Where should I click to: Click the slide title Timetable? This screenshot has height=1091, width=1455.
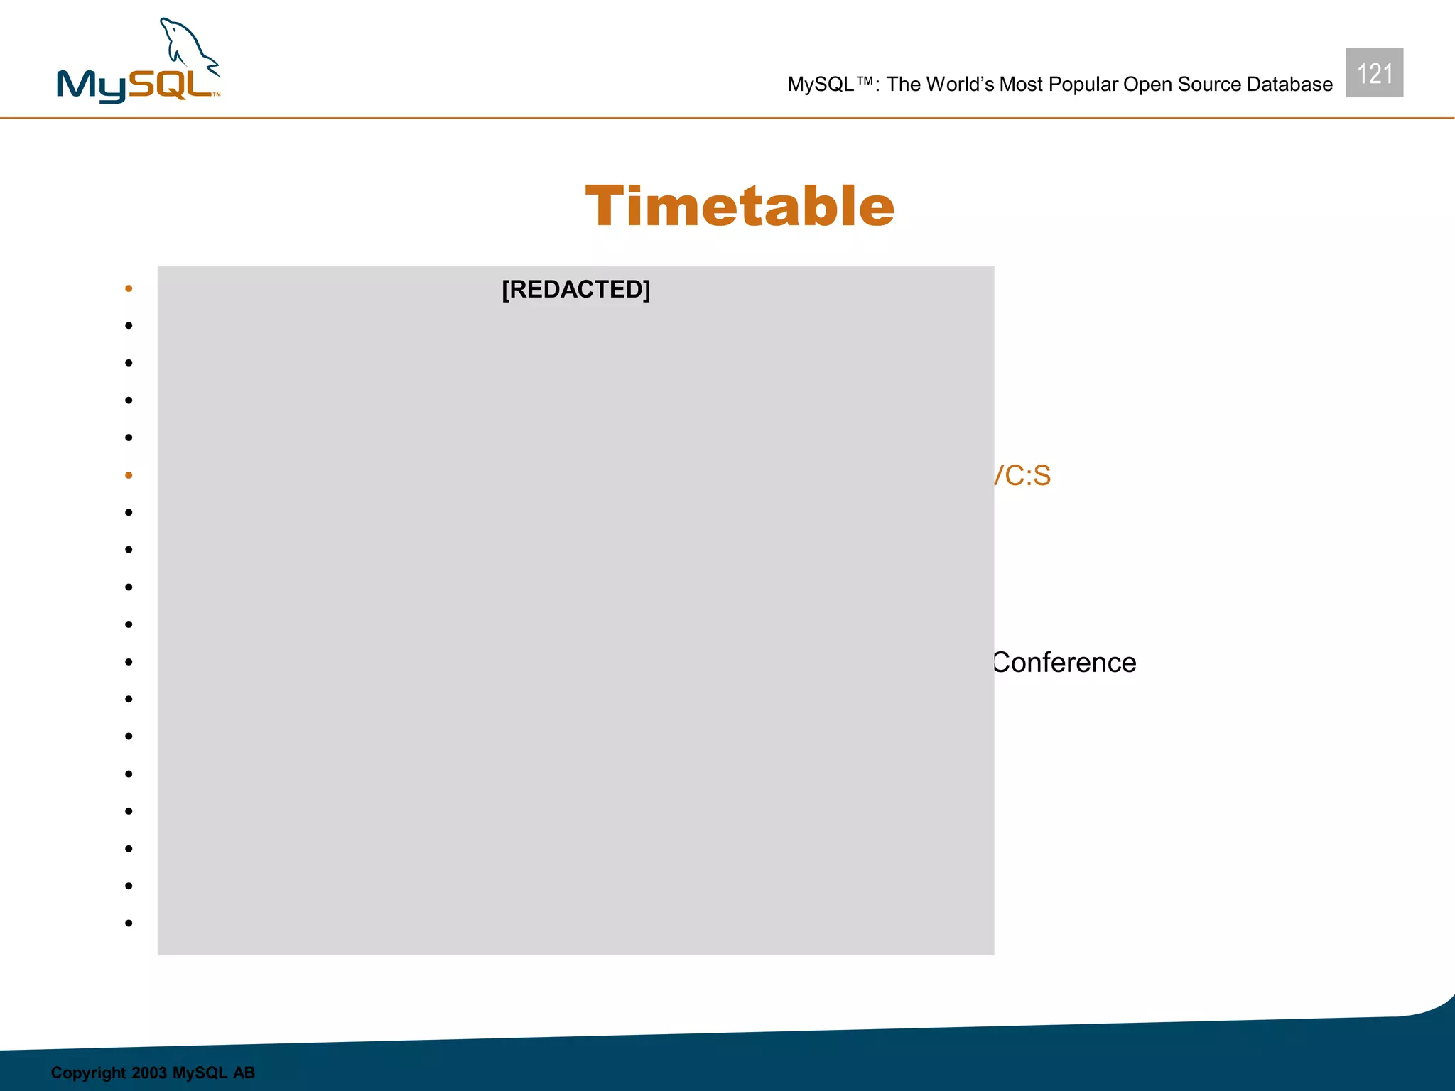pos(740,206)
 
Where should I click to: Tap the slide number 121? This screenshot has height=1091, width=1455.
pos(1374,73)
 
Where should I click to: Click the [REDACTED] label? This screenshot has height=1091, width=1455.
pos(575,289)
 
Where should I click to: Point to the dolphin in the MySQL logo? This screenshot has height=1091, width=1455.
pos(188,46)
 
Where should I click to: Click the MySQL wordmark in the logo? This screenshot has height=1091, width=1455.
pos(135,86)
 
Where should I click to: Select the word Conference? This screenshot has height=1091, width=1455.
pos(1064,662)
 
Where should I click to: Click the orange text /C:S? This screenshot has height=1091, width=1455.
pos(1022,475)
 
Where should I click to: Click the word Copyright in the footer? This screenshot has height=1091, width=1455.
pos(88,1073)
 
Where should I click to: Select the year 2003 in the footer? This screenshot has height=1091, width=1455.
pos(148,1073)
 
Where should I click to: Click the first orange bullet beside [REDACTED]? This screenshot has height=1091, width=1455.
pos(129,288)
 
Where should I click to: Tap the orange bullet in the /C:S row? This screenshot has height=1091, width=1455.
pos(129,475)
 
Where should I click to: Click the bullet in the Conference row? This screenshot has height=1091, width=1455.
pos(129,662)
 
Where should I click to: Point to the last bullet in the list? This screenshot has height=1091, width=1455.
pos(129,923)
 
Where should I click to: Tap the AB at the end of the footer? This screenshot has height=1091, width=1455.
pos(244,1073)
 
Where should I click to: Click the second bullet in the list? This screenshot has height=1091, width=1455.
pos(129,326)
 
